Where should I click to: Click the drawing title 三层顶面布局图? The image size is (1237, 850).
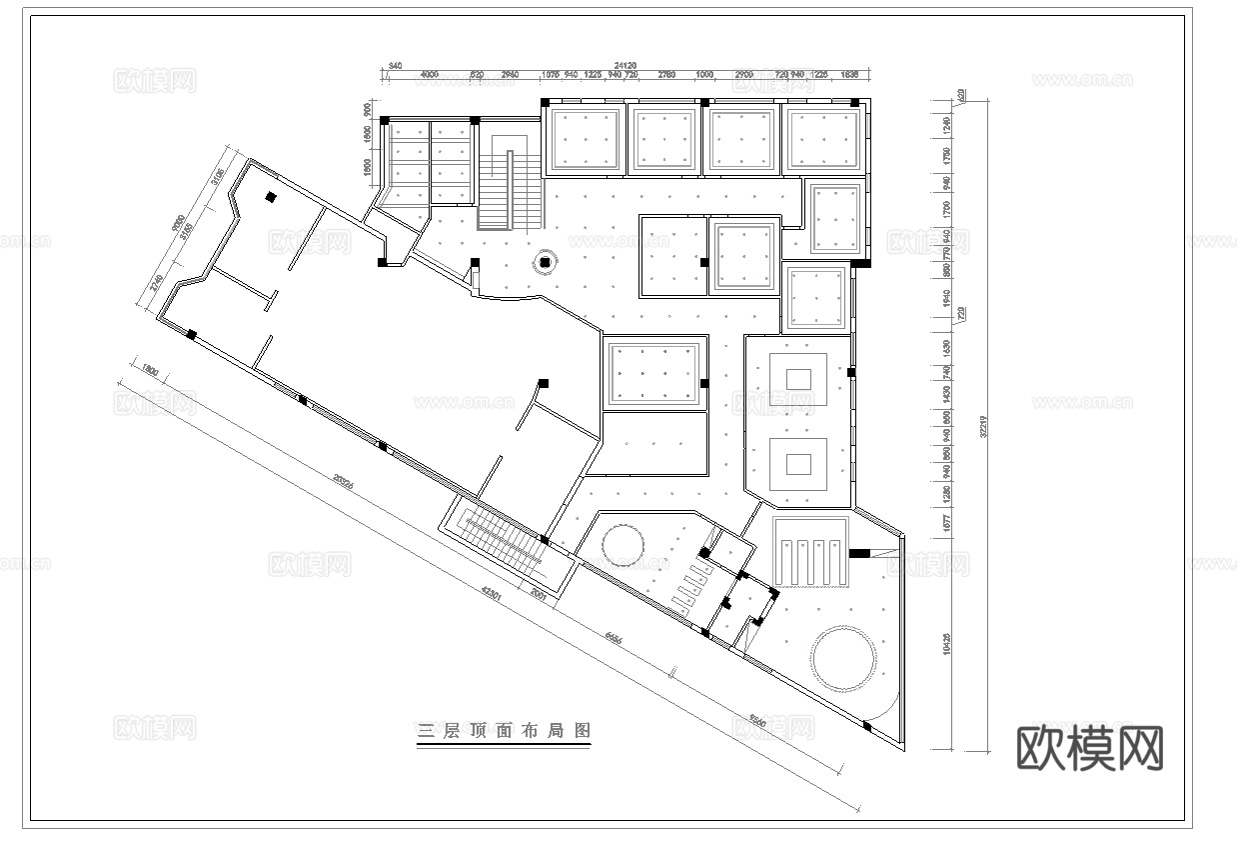504,731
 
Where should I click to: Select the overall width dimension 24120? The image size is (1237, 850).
626,65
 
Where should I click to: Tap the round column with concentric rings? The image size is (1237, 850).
545,263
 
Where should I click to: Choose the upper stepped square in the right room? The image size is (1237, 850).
798,379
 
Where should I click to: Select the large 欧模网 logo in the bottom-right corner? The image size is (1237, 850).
1090,747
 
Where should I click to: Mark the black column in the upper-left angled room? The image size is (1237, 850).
270,198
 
